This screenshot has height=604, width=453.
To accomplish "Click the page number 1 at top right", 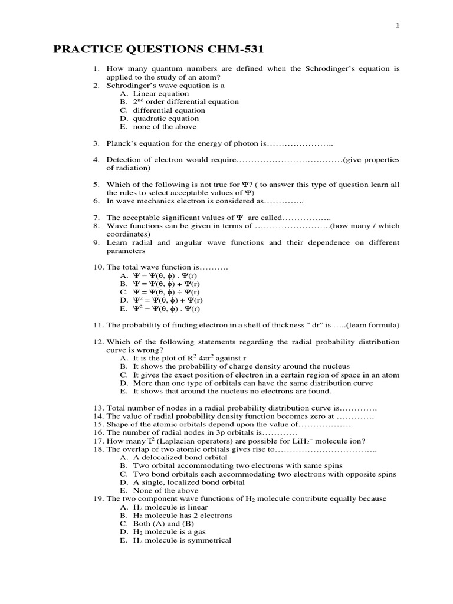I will [398, 25].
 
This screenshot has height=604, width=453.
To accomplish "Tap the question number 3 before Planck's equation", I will [96, 143].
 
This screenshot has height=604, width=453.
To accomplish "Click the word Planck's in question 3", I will [122, 143].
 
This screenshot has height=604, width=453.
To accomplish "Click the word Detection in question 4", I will [125, 160].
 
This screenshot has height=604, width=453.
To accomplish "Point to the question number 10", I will [97, 267].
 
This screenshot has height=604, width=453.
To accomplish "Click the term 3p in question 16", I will [199, 432].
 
